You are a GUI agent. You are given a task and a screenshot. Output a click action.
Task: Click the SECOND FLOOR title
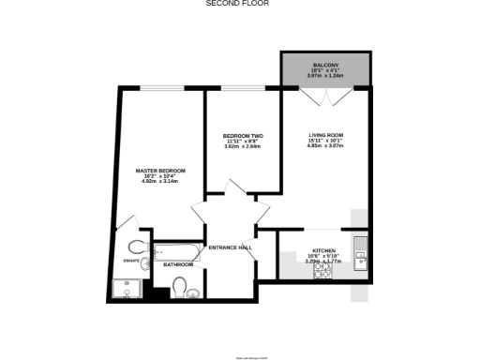click(x=239, y=4)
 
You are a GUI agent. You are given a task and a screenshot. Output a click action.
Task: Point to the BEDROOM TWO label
click(x=242, y=135)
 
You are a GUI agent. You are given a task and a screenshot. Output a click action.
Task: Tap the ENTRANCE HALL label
click(x=231, y=247)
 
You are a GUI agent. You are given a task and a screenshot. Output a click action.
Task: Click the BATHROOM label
click(x=178, y=264)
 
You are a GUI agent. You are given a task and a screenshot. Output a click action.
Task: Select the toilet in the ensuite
click(x=136, y=247)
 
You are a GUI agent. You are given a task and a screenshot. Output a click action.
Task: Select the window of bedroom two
click(x=242, y=88)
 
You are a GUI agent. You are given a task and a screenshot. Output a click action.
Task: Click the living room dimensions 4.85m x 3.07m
click(x=327, y=147)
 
